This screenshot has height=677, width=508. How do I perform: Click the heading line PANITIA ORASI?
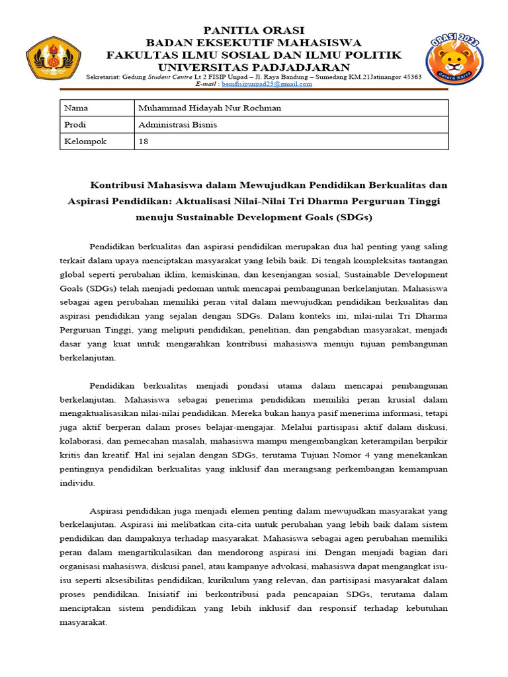click(254, 30)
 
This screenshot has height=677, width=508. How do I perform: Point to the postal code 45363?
click(409, 77)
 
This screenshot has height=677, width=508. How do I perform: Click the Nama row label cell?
click(97, 108)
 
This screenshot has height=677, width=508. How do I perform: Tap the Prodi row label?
click(97, 124)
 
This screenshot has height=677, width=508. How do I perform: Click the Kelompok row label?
click(97, 141)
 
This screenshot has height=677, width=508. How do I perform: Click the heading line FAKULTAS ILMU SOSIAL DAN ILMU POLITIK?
click(254, 55)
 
